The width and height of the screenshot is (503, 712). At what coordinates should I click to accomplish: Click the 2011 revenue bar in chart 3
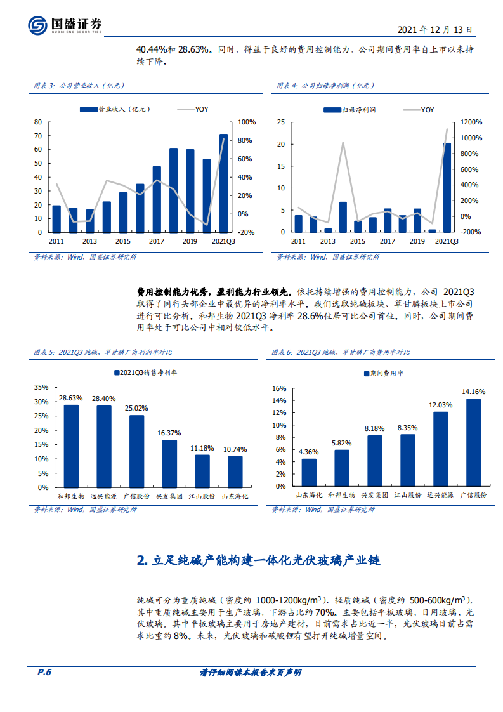click(x=56, y=218)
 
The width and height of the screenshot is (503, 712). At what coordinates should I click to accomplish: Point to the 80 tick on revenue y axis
click(x=37, y=122)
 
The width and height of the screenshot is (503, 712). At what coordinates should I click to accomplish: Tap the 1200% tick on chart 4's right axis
click(x=471, y=122)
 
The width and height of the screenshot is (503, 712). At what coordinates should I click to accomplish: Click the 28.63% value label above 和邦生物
click(x=70, y=398)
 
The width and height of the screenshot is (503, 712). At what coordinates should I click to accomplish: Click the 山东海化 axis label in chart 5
click(x=235, y=496)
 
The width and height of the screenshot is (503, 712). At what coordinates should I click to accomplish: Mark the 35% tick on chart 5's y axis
click(x=40, y=387)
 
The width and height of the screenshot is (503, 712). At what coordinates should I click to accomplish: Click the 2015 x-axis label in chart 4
click(x=358, y=241)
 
